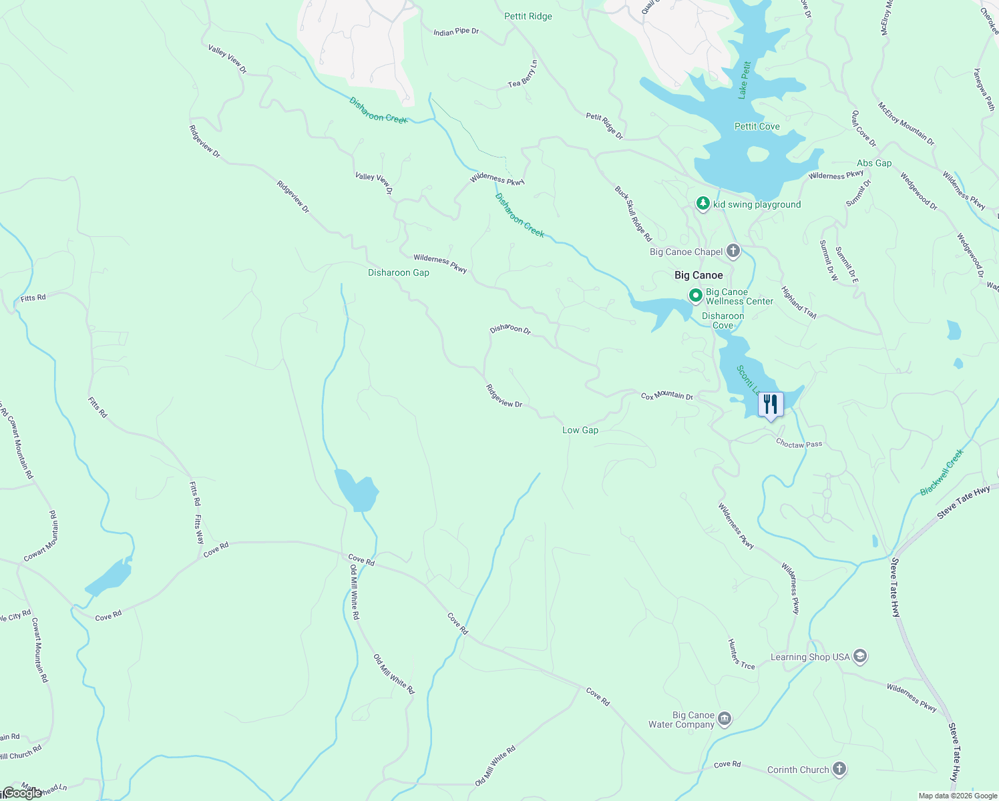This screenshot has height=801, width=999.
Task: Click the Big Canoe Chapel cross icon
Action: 733,251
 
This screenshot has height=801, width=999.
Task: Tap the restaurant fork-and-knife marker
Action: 771,405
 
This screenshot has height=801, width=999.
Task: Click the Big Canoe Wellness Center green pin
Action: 695,295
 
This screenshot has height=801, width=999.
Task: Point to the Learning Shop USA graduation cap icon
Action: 860,657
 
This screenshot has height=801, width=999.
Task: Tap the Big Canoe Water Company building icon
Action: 725,719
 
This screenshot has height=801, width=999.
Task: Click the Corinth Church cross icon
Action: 839,769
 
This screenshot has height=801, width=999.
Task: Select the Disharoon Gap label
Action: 399,272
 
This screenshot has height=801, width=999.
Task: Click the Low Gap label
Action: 580,430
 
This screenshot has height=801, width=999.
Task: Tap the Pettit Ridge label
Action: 528,16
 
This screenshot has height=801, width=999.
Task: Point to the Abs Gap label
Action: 874,163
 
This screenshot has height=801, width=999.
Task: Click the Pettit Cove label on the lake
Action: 757,126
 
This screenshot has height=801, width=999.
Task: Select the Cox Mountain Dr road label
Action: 667,396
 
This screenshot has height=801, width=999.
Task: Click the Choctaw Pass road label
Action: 799,444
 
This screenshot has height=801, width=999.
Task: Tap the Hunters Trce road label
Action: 741,653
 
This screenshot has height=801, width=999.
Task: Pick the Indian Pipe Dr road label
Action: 456,31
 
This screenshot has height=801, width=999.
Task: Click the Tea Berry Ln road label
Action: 523,74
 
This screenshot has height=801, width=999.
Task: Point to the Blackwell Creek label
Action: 942,472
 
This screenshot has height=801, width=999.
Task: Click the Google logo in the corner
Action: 21,793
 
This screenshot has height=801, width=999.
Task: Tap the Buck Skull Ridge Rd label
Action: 633,214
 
